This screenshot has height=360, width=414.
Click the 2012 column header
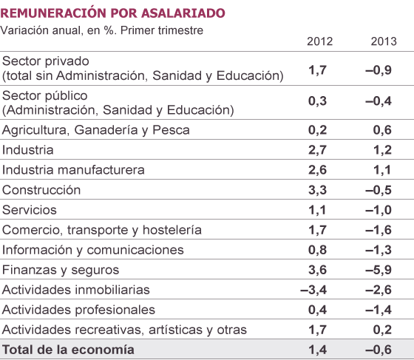click(x=319, y=41)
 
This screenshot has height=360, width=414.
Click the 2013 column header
click(x=384, y=41)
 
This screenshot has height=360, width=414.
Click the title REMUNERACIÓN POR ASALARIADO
click(x=112, y=12)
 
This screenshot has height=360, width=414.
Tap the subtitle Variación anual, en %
click(x=58, y=30)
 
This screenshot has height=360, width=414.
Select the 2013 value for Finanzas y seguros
click(x=379, y=270)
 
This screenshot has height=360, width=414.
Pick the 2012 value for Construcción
click(x=317, y=190)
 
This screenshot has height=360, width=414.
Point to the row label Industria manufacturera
click(x=73, y=170)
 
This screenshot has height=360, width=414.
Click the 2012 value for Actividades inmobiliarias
click(x=313, y=290)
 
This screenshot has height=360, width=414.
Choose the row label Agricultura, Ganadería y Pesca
click(x=96, y=130)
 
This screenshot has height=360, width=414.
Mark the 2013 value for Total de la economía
click(x=379, y=350)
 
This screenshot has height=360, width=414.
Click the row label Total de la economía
click(x=68, y=350)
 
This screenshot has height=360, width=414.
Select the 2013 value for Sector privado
click(x=379, y=70)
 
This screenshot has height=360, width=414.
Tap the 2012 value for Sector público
click(x=317, y=101)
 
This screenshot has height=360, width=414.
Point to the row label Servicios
click(x=30, y=210)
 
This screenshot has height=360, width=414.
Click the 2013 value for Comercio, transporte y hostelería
click(x=379, y=230)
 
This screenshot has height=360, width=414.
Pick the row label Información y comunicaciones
click(x=92, y=250)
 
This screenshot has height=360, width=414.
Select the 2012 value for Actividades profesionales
click(x=317, y=310)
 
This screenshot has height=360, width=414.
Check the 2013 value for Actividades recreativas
click(x=382, y=330)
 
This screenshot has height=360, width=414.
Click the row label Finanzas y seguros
click(x=61, y=270)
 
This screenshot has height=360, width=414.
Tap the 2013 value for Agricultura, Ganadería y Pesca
click(x=382, y=130)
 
